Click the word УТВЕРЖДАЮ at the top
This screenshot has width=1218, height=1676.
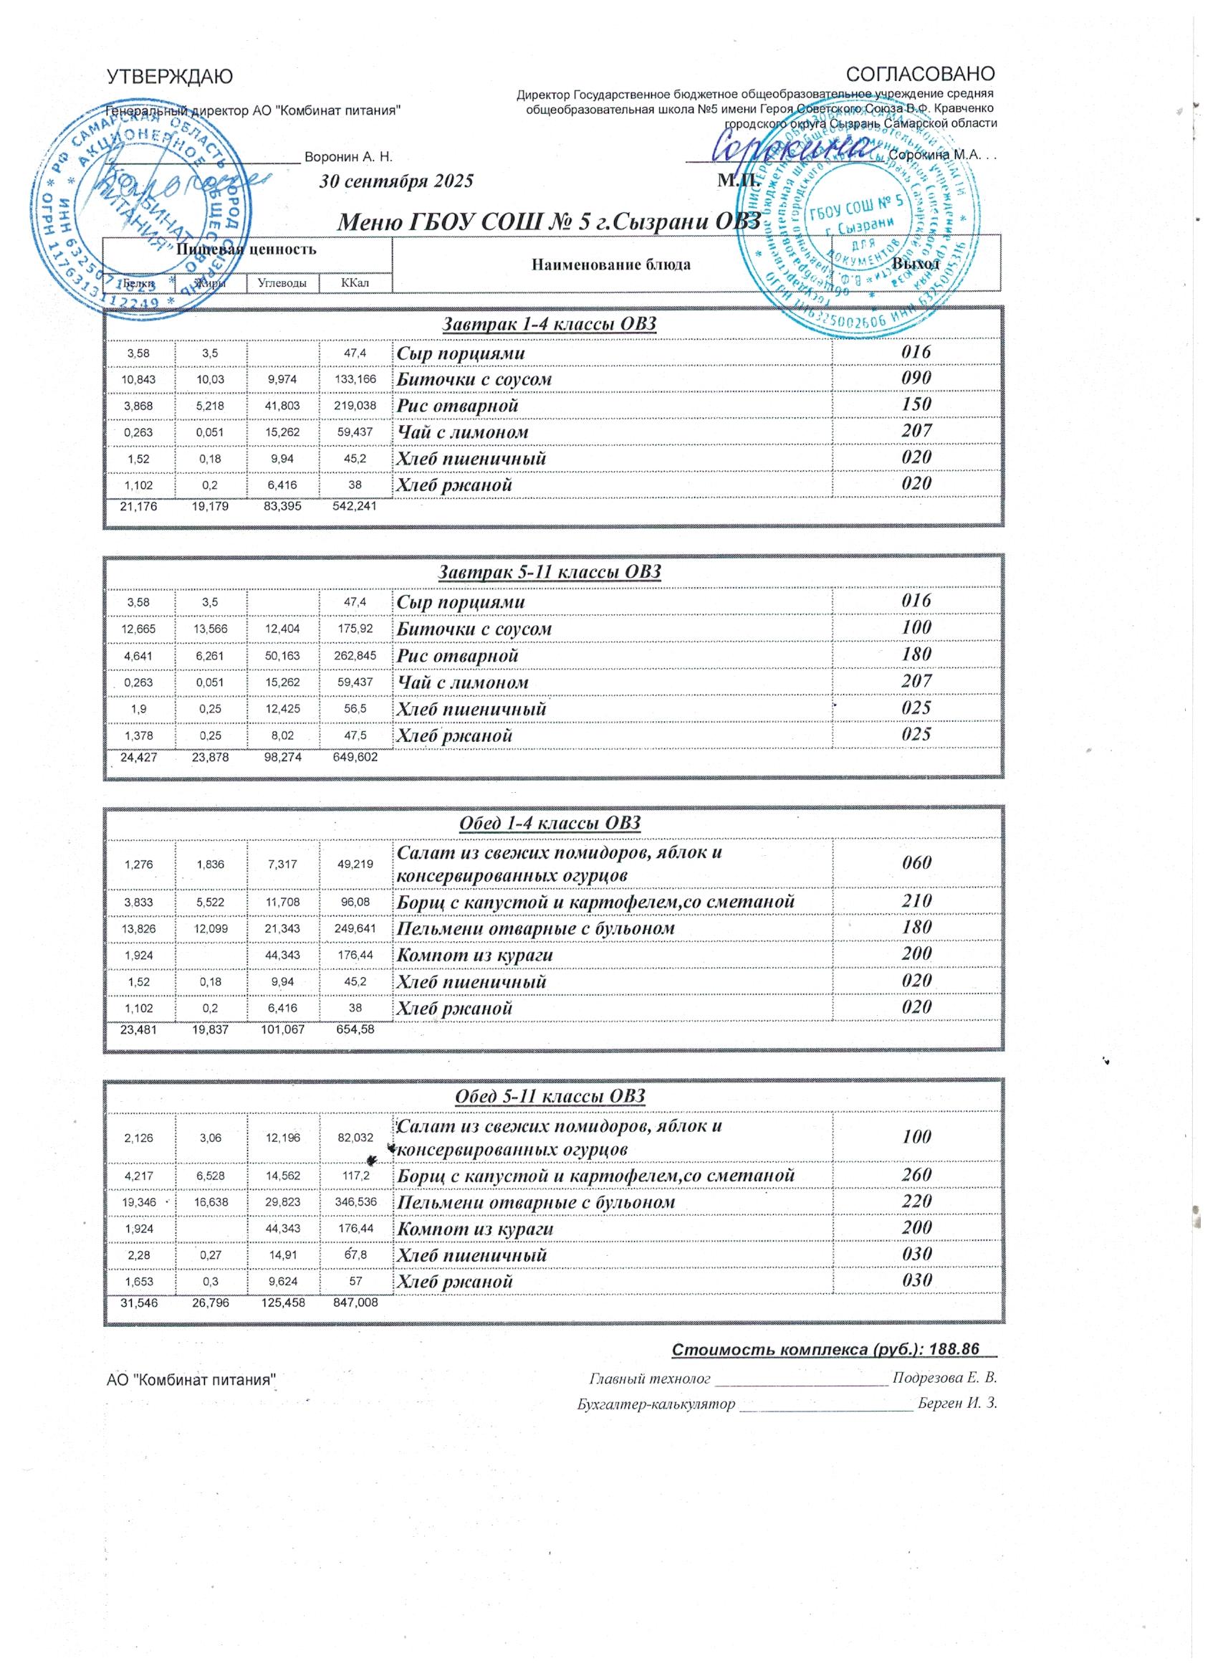[x=170, y=75]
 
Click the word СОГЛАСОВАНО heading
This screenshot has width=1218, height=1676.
[x=921, y=74]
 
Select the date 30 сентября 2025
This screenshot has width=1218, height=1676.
[x=395, y=182]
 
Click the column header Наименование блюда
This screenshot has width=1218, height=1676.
[x=612, y=265]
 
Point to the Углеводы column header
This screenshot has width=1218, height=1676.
[x=283, y=282]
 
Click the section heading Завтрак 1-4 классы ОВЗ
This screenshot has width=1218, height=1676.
[x=549, y=324]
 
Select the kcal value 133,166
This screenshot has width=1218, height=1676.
[x=356, y=379]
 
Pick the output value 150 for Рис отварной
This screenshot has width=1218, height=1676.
[x=916, y=404]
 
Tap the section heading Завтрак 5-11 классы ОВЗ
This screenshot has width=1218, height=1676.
[x=550, y=572]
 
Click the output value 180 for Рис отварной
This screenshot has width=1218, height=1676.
[x=916, y=654]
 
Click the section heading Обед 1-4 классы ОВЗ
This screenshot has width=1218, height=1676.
[x=550, y=823]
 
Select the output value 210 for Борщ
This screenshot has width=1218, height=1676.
[x=916, y=901]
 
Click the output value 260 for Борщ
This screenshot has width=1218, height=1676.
[x=916, y=1174]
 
